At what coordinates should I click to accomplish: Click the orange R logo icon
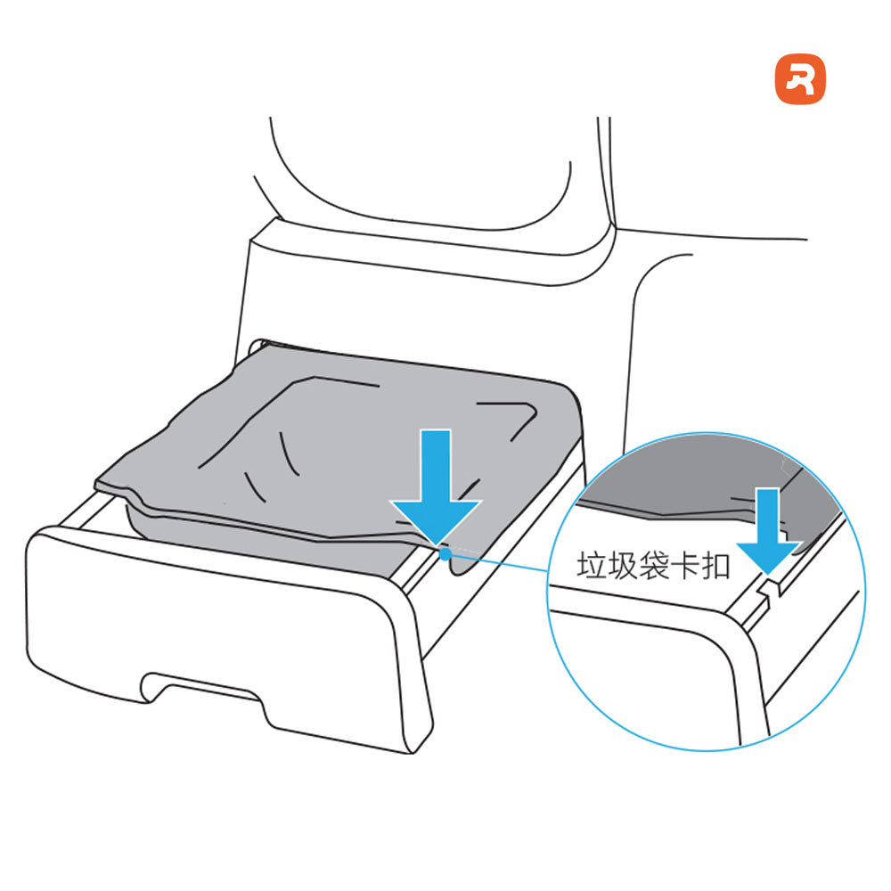pyautogui.click(x=800, y=79)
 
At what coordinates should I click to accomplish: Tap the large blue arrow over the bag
pyautogui.click(x=437, y=486)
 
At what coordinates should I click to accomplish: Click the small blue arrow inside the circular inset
pyautogui.click(x=768, y=529)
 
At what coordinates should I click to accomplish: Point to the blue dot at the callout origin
pyautogui.click(x=445, y=553)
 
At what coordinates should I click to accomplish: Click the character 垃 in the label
pyautogui.click(x=592, y=566)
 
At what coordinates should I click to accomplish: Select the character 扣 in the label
pyautogui.click(x=716, y=566)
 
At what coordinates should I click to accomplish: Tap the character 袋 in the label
pyautogui.click(x=653, y=566)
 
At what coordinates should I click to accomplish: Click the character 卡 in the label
pyautogui.click(x=684, y=566)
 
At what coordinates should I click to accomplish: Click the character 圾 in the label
pyautogui.click(x=623, y=566)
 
